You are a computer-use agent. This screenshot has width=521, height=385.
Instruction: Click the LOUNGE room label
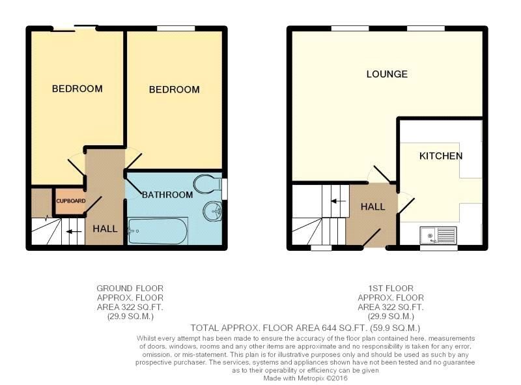[387, 74]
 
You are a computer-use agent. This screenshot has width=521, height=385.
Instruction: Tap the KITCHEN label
[441, 156]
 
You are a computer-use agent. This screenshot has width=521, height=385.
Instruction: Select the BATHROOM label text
[167, 195]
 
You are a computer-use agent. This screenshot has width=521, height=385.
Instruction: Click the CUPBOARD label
[71, 201]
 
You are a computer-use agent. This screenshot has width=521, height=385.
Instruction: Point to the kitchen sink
[438, 235]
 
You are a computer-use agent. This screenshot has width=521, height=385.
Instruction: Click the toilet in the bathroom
[208, 184]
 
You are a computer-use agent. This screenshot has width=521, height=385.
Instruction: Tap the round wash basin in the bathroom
[213, 211]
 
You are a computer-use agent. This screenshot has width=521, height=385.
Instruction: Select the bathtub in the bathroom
[158, 231]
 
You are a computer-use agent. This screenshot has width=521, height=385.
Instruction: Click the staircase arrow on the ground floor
[74, 232]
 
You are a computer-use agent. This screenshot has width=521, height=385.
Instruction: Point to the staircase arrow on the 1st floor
[338, 201]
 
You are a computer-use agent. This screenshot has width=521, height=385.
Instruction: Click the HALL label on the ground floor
[105, 229]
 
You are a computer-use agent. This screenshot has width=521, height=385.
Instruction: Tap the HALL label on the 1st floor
[373, 207]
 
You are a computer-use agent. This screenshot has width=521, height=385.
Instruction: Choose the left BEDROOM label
[77, 89]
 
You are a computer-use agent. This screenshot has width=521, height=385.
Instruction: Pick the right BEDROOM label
[174, 89]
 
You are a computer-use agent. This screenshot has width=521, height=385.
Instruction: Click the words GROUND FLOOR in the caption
[130, 288]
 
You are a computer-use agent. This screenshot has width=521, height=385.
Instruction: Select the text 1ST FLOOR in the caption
[391, 288]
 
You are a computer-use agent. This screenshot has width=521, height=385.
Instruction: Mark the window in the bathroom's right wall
[225, 189]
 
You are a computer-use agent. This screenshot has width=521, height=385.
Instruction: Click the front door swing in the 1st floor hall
[372, 238]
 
